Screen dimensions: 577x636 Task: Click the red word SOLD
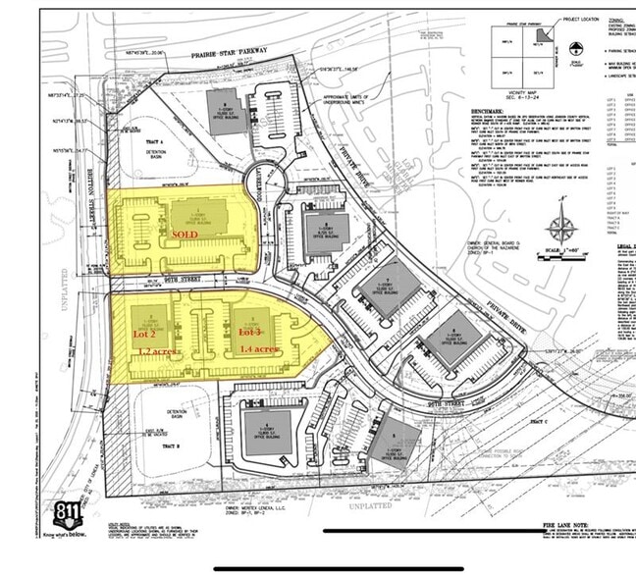(x=185, y=236)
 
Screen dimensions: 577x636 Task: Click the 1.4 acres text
(x=261, y=350)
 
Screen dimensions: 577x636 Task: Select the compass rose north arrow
(x=561, y=228)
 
